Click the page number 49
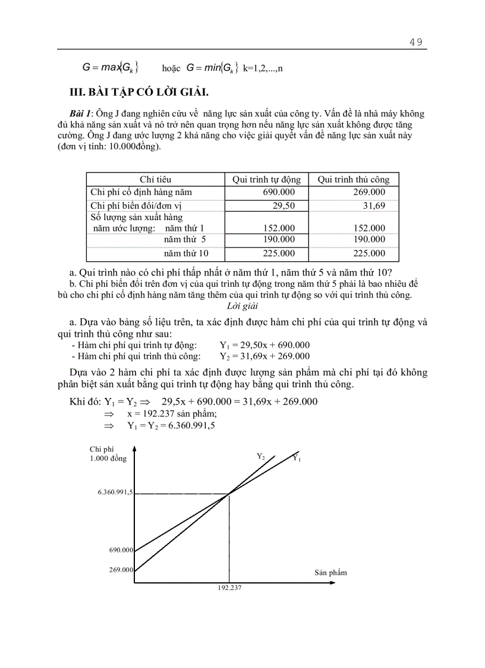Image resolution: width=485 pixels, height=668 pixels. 415,42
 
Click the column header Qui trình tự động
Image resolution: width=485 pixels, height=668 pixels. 266,179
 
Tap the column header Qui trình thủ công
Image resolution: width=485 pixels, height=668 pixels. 353,179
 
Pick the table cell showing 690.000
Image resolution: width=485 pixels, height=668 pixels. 279,192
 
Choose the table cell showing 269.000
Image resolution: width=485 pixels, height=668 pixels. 369,192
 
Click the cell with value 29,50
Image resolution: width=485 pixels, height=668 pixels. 283,205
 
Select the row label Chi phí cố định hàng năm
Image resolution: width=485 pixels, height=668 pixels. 141,192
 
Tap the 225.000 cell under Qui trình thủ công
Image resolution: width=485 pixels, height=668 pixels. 369,253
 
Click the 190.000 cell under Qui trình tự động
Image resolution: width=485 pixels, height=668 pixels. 279,239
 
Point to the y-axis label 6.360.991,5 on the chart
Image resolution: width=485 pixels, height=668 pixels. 115,493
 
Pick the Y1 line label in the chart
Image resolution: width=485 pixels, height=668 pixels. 297,458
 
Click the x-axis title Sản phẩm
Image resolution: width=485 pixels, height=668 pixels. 330,572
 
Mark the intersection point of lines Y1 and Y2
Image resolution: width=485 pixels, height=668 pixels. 229,493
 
